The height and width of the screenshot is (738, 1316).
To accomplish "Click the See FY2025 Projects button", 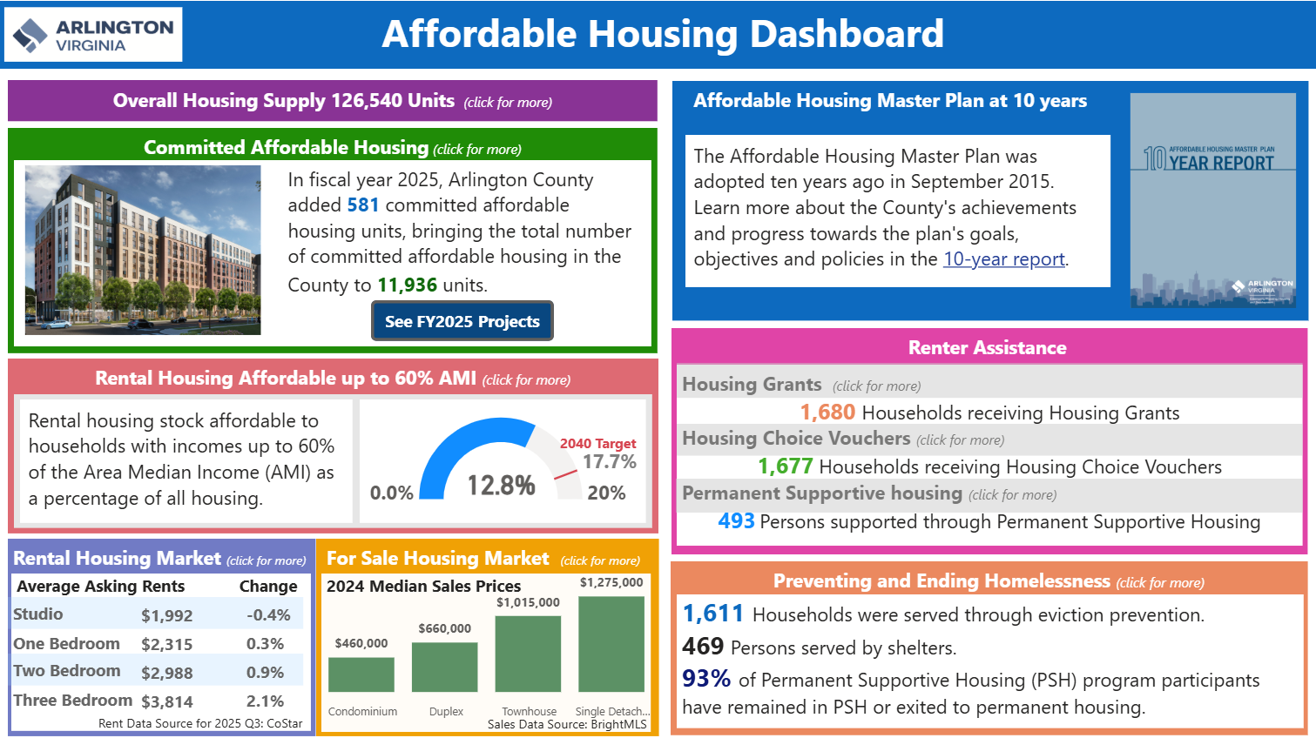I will (462, 321).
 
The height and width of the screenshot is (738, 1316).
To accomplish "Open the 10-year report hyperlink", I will (1003, 259).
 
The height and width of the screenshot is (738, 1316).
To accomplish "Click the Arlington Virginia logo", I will (93, 35).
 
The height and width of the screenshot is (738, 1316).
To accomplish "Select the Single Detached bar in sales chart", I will (611, 644).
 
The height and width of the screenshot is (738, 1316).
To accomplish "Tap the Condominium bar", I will (361, 674).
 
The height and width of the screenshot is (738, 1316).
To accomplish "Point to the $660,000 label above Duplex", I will (444, 628).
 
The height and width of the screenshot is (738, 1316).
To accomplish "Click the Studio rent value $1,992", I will (166, 615).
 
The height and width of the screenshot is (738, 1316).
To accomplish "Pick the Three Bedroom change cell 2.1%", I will (265, 701).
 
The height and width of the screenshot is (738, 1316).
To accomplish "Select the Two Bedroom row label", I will (67, 671).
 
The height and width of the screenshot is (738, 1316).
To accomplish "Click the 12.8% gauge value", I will (501, 485).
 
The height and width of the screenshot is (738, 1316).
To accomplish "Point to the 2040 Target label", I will (597, 444).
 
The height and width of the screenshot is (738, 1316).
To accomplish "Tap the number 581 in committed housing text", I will (362, 205).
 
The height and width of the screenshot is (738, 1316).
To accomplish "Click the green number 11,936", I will (407, 285).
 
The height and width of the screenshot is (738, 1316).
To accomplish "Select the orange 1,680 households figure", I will (827, 413).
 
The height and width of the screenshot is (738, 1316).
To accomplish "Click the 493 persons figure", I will (736, 521).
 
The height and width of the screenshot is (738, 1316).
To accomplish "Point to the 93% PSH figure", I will (706, 679).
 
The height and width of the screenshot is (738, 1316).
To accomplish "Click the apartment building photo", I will (143, 251).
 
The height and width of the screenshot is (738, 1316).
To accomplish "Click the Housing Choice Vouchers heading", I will (796, 439).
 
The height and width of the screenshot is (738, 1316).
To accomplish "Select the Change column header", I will (268, 587).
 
